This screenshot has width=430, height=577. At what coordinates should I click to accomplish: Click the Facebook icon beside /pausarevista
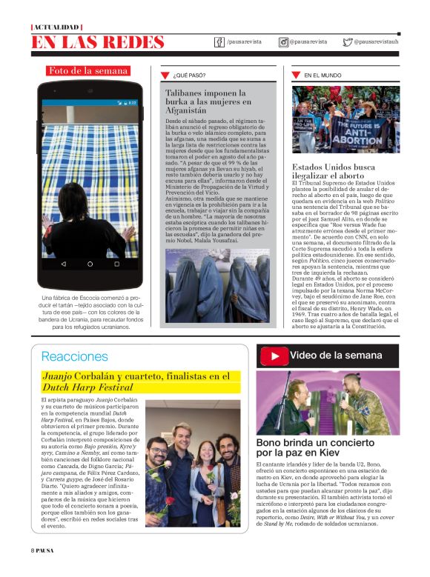pos(219,42)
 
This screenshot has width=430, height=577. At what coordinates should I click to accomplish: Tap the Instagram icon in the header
pos(283,42)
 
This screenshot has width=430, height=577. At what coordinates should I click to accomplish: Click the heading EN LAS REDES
pos(97,43)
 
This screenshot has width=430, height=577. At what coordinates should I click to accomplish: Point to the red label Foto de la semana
pos(88,71)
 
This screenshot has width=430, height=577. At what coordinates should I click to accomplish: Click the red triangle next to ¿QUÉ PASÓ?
pos(165,75)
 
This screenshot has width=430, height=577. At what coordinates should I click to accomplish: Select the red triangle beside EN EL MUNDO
pos(296,75)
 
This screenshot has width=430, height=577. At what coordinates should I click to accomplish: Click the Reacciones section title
pos(74,356)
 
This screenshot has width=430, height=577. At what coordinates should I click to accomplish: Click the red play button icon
pos(274,356)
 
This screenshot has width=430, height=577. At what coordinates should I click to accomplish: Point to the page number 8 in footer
pos(33,570)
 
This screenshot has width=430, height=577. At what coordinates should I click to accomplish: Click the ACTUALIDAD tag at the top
pos(57,27)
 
